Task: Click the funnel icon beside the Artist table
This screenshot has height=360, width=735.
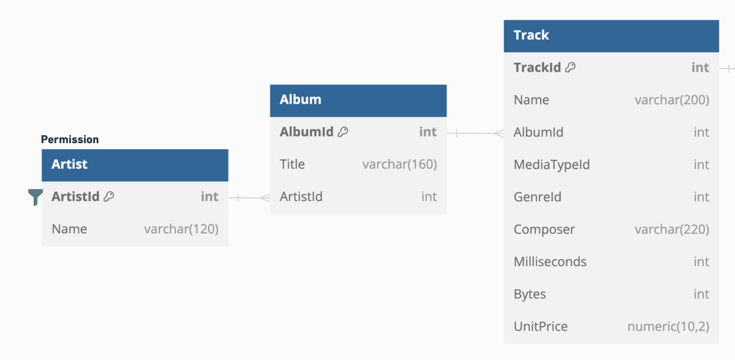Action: pos(35,197)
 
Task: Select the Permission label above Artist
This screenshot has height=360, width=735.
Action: pos(70,139)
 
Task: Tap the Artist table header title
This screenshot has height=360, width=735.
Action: pos(69,164)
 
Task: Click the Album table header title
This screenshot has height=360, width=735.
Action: pos(300,99)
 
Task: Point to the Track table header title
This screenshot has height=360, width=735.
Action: pos(531,35)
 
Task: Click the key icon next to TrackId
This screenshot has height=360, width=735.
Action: pos(571,67)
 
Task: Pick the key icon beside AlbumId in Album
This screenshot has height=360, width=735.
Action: pos(343,132)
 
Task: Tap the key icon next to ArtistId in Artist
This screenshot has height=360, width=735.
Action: pos(109,197)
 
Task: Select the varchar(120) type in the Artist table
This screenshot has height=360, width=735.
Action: pos(181,229)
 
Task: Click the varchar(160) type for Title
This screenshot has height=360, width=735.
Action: pos(400,164)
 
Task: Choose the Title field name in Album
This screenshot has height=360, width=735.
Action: pos(292,164)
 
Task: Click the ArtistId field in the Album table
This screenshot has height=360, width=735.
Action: pos(301,197)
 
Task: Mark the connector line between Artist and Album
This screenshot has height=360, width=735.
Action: pos(249,198)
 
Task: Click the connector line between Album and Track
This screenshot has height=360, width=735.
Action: pos(475,133)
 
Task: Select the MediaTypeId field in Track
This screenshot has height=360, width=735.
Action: pos(552,164)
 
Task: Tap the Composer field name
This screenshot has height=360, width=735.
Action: pos(544,230)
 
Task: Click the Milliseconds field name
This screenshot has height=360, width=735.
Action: pos(550,262)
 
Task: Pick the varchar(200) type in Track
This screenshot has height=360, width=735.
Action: pos(672,100)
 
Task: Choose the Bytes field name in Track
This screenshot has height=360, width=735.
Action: pos(530,294)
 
